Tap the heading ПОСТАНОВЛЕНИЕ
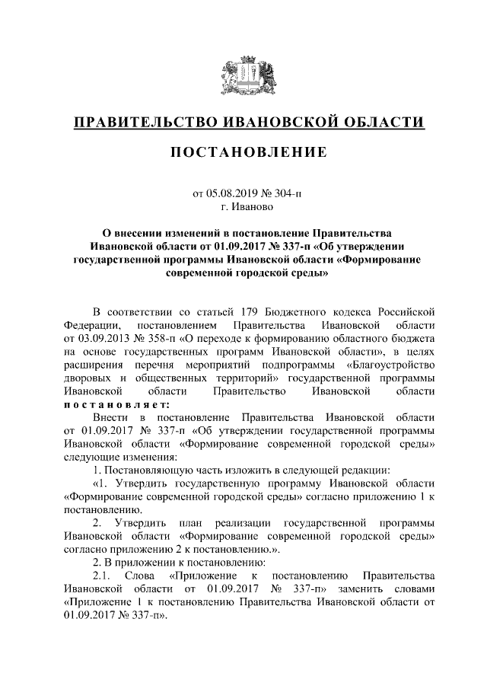pyautogui.click(x=243, y=152)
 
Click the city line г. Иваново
pyautogui.click(x=243, y=206)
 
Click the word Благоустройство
pyautogui.click(x=390, y=365)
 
